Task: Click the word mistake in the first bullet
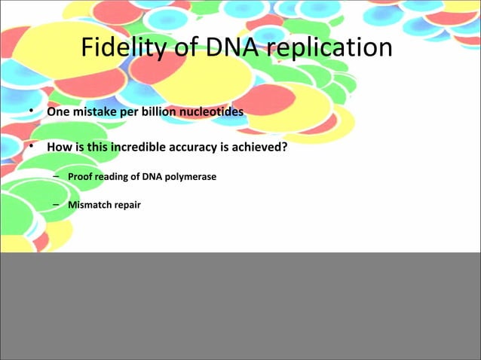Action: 91,112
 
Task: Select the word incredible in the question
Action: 142,148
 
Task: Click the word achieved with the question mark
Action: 261,148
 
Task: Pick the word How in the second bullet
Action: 59,148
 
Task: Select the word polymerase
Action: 190,177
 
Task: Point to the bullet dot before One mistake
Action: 32,112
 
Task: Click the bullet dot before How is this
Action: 32,148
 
